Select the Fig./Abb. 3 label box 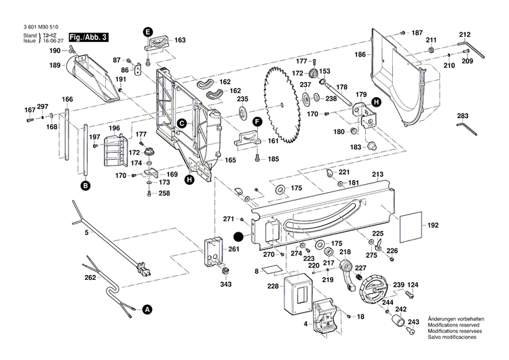tap(87, 36)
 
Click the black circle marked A tap(147, 309)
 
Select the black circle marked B tap(86, 185)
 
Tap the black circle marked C tap(182, 123)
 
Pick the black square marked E tap(148, 31)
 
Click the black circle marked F tap(257, 122)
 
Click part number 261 tap(234, 249)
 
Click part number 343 tap(224, 283)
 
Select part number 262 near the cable tap(90, 277)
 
